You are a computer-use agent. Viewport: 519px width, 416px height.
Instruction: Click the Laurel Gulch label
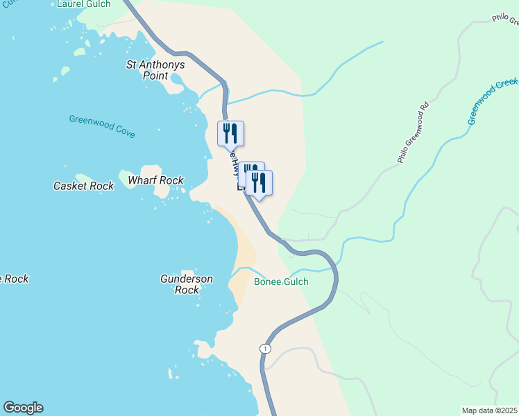[x=84, y=4]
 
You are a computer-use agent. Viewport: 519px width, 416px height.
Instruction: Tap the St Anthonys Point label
[x=155, y=70]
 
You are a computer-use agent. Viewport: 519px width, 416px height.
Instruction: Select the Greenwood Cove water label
[x=102, y=126]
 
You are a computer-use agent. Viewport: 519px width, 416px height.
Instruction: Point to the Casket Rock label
[x=83, y=186]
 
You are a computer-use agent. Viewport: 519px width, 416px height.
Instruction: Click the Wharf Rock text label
[x=155, y=180]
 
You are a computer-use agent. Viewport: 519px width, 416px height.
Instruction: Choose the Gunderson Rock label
[x=187, y=284]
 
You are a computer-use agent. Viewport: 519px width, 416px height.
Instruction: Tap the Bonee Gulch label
[x=281, y=282]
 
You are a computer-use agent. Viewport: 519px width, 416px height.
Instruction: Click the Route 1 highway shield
[x=265, y=348]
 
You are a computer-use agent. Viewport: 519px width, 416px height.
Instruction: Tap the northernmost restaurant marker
[x=231, y=134]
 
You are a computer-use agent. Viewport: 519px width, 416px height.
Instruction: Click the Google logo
[x=23, y=408]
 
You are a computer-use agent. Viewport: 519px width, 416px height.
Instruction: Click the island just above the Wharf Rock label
[x=151, y=171]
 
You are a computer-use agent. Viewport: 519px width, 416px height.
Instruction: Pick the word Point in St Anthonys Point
[x=155, y=76]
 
